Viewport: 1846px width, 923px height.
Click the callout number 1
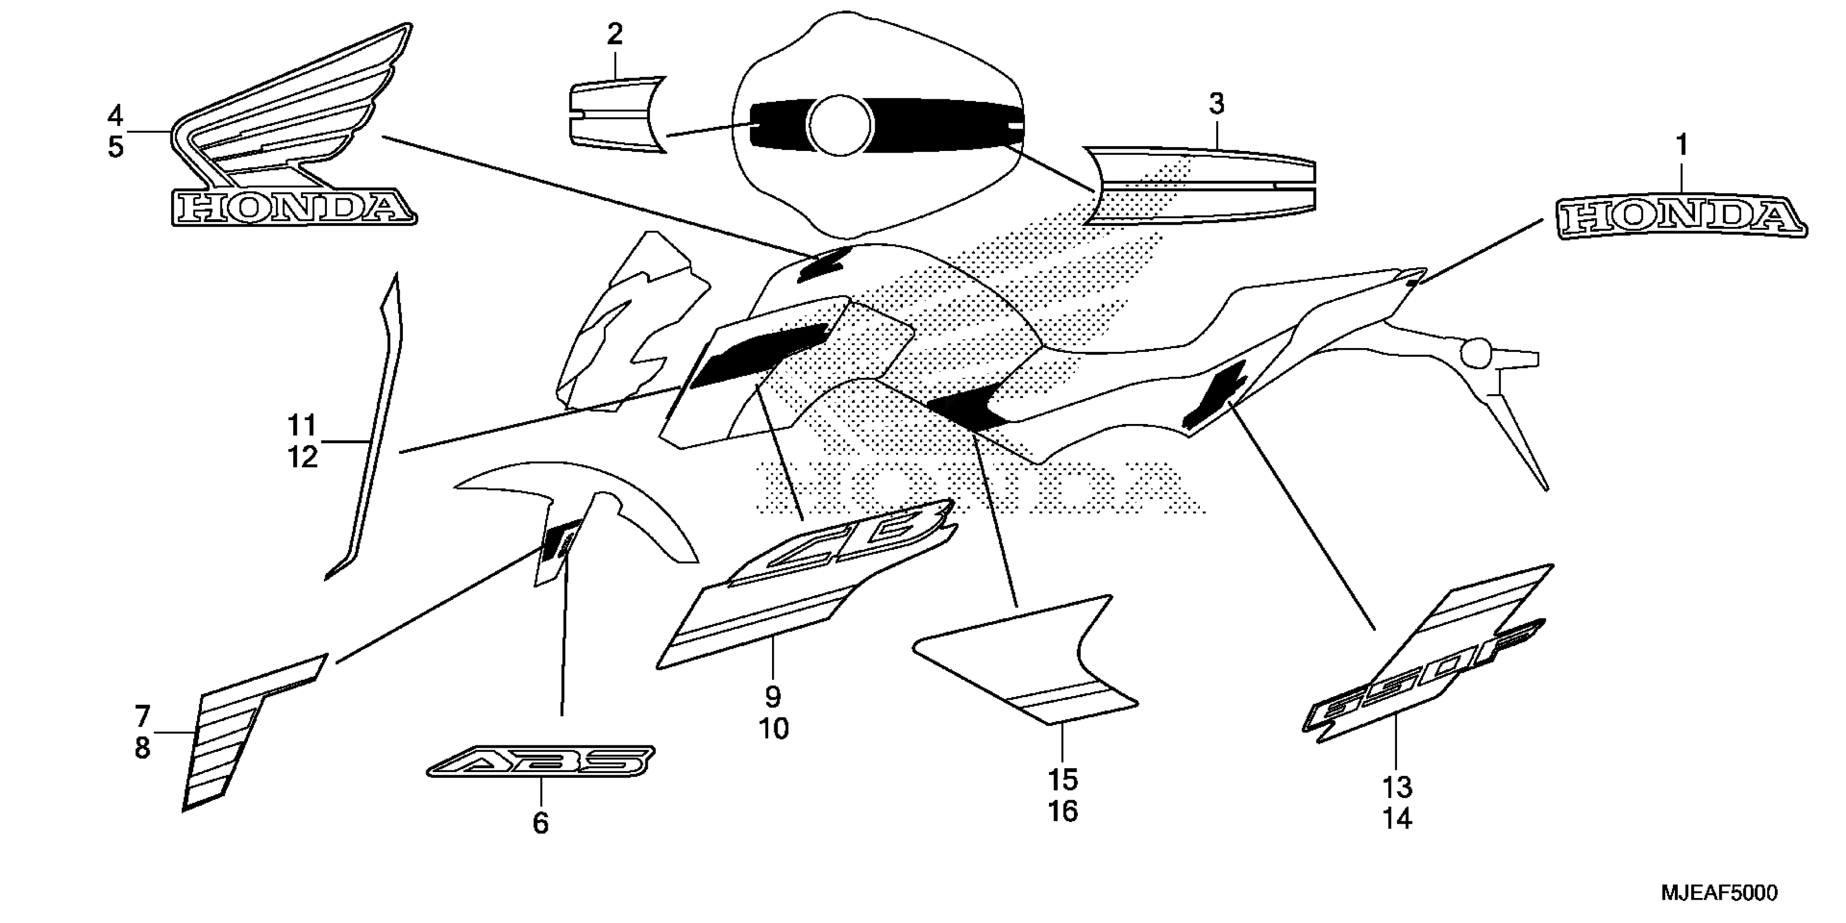(1681, 146)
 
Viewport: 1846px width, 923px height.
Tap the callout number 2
(614, 34)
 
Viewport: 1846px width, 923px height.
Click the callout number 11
(302, 426)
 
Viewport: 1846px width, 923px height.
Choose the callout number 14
(1396, 818)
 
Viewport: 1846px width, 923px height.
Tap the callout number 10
(773, 729)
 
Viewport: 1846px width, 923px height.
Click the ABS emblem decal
(541, 762)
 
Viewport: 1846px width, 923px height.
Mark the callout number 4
(115, 115)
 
